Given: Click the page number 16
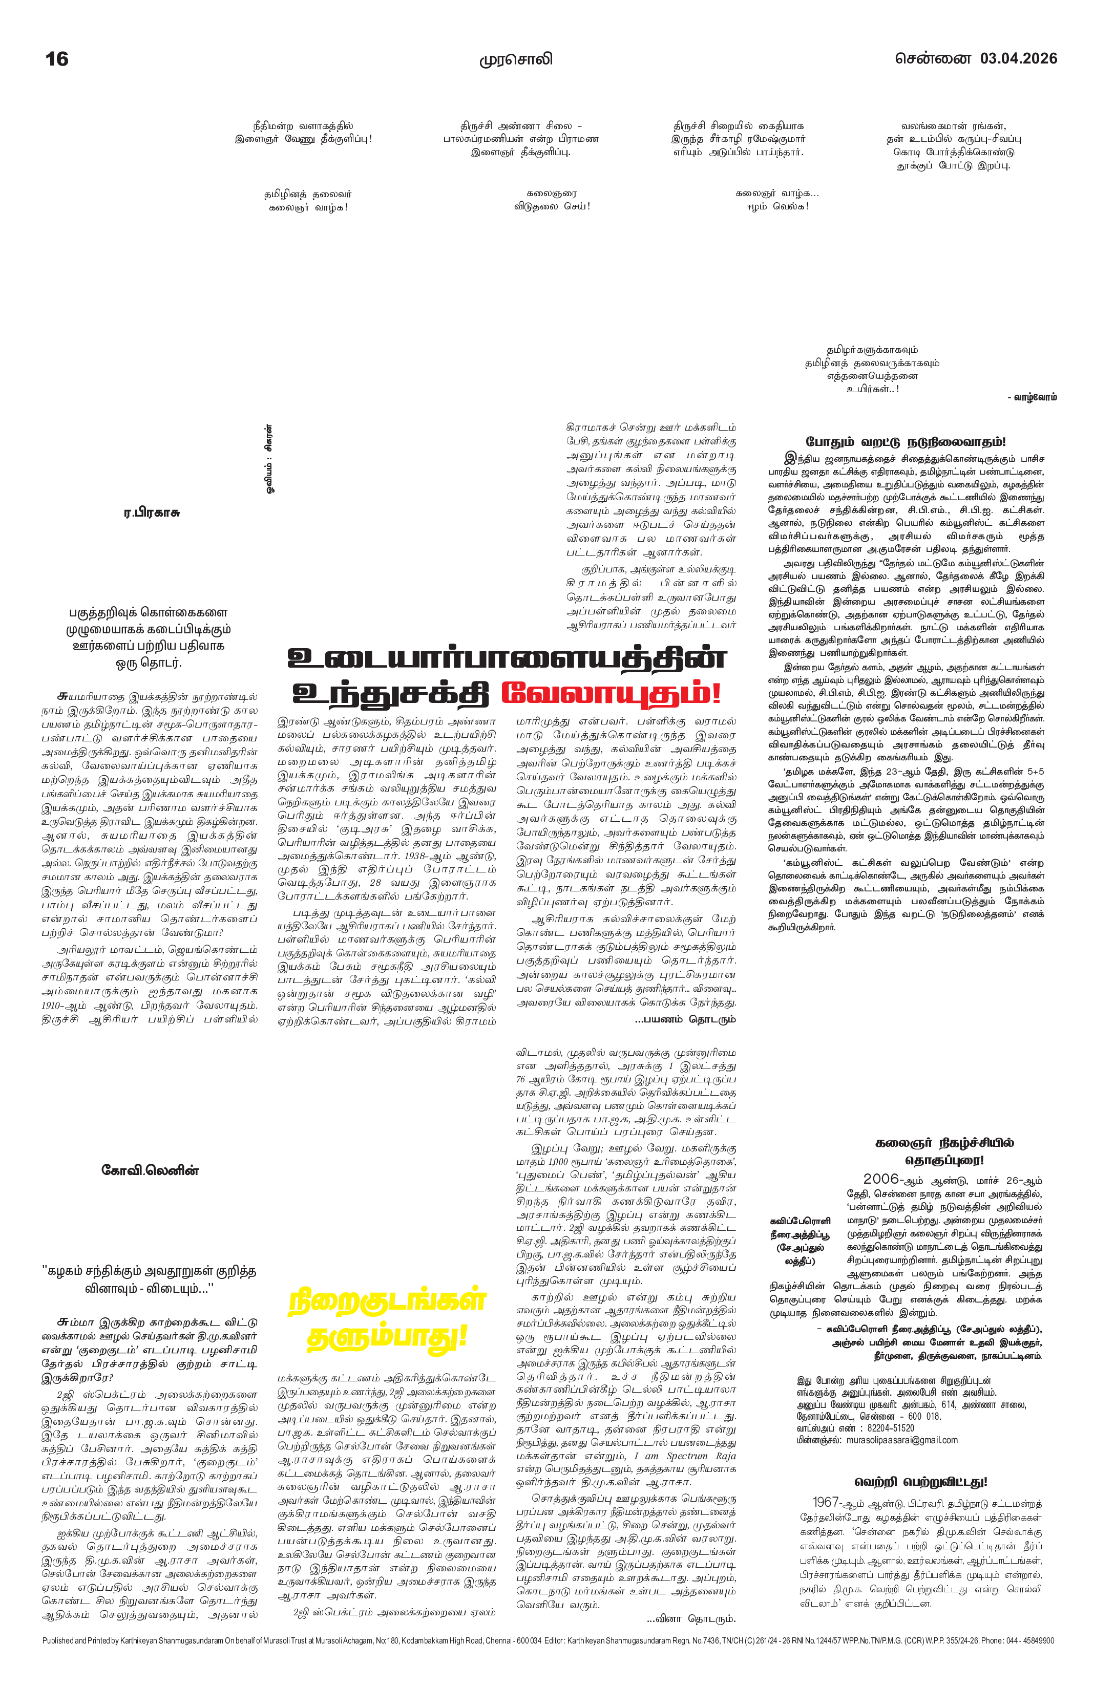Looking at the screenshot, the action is (x=57, y=59).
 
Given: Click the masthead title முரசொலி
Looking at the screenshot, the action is (x=515, y=59).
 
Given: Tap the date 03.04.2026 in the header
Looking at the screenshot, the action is (x=1018, y=58).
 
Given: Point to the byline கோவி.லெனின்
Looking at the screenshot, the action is (x=150, y=1170).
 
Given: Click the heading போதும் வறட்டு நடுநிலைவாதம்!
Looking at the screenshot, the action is (x=906, y=442).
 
